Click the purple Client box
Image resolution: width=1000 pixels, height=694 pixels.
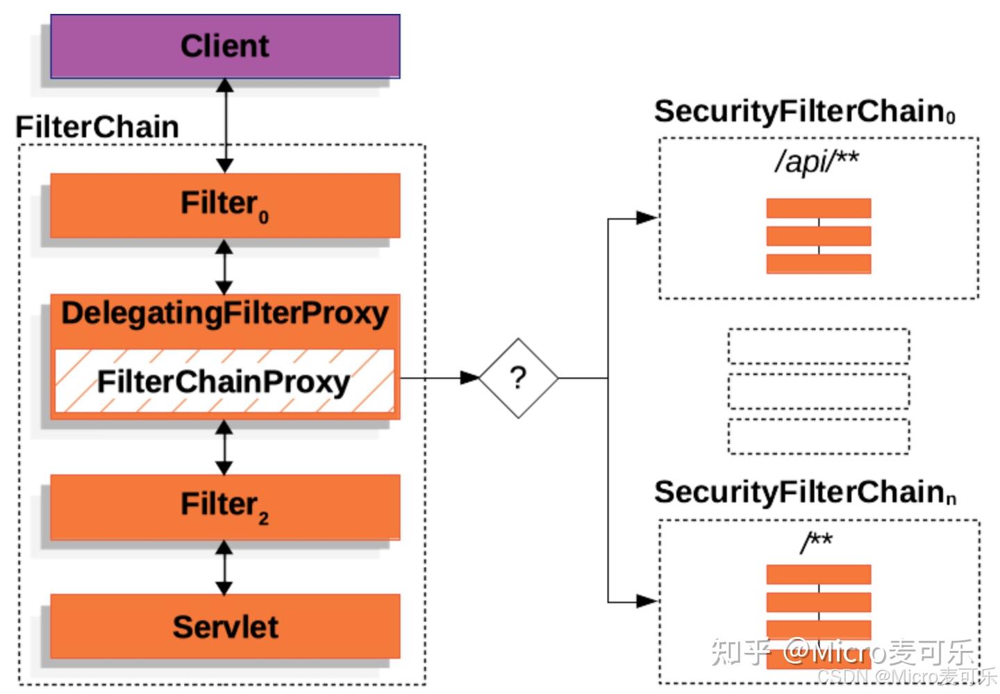(225, 46)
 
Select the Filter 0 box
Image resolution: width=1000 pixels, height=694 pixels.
(225, 205)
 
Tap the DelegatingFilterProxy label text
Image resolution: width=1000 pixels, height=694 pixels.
(225, 313)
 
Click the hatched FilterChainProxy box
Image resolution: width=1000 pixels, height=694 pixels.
(224, 381)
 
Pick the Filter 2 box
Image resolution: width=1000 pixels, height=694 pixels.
(225, 506)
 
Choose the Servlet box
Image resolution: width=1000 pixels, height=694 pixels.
(225, 626)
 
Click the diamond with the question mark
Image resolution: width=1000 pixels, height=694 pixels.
(518, 378)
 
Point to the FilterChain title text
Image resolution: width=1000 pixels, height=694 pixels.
(97, 127)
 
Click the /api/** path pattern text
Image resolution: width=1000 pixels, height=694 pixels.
(817, 161)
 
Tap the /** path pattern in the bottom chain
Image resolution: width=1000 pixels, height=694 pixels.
(817, 541)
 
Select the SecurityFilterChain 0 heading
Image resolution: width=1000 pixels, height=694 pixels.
(804, 111)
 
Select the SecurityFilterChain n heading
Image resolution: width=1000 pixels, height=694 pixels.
(804, 492)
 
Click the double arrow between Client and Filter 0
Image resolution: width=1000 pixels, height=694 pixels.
(224, 125)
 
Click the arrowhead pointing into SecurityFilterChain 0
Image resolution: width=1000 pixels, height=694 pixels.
(647, 218)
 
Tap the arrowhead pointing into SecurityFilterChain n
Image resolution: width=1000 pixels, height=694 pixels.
(647, 601)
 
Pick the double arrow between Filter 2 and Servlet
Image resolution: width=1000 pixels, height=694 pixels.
(224, 568)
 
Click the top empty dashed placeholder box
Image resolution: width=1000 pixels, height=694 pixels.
(818, 346)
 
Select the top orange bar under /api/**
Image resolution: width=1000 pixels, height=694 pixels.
(818, 208)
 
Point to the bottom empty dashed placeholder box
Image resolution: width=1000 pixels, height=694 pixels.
(818, 436)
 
